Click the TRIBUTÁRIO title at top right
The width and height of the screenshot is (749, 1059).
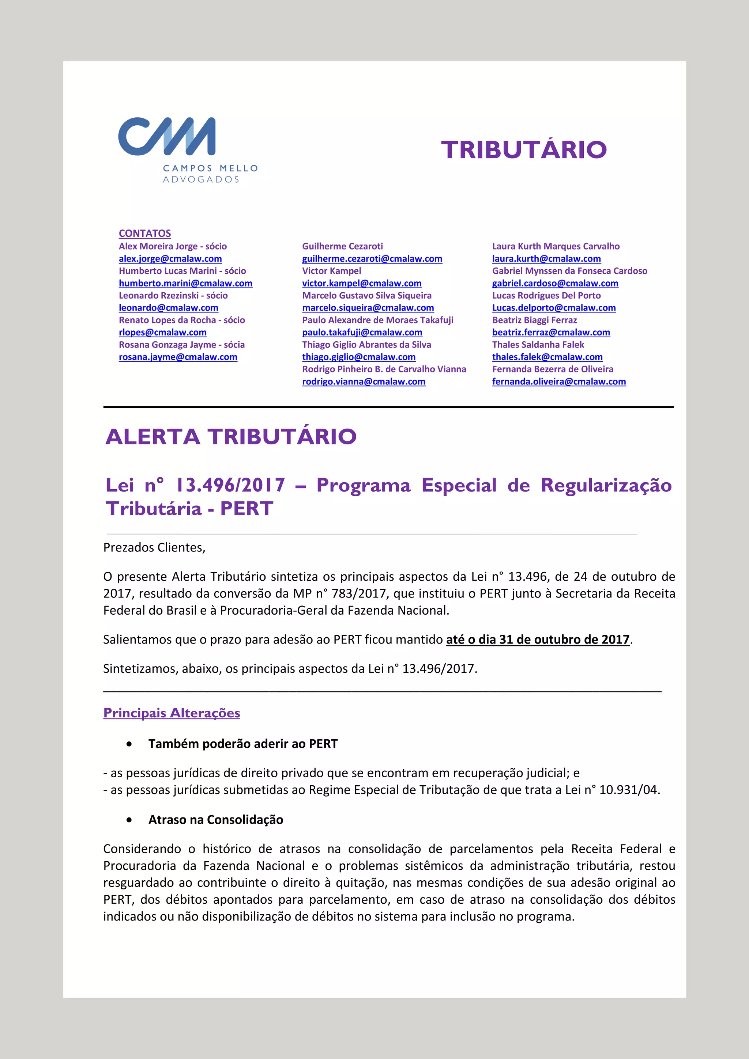pos(523,150)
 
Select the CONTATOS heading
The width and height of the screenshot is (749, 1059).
pos(145,234)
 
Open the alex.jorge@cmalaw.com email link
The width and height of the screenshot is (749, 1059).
pos(170,259)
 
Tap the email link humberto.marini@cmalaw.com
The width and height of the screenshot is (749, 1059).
pos(185,283)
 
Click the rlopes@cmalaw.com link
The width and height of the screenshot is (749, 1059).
pos(162,332)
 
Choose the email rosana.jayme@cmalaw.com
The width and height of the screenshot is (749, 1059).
pos(178,357)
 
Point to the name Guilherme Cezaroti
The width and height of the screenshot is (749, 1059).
pos(342,246)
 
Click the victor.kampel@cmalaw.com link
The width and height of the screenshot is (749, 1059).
pos(362,283)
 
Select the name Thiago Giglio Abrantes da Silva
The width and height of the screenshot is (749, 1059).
pos(366,345)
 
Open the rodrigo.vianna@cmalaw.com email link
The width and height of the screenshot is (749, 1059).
pos(364,382)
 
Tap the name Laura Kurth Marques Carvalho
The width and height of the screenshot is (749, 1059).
pos(556,246)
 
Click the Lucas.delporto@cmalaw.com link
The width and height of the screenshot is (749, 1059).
pos(554,308)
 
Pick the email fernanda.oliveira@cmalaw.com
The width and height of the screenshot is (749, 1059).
pos(559,382)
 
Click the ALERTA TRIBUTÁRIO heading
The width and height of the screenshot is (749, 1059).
pos(231,437)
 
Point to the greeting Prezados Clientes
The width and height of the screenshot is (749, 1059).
pos(154,547)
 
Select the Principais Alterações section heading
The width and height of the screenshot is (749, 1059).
pos(172,713)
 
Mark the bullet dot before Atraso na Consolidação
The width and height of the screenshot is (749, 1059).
pos(129,820)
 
